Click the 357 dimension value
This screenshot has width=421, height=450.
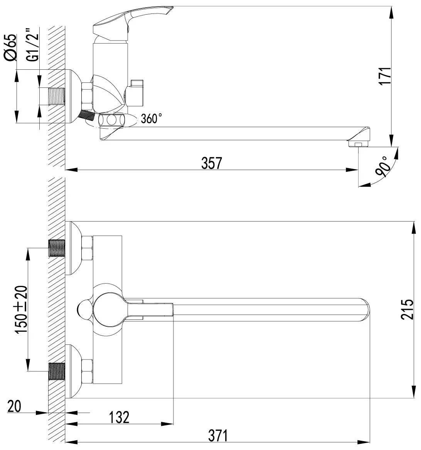tap(212, 163)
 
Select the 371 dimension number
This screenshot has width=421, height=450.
tap(218, 436)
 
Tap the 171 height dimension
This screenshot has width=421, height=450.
tap(385, 76)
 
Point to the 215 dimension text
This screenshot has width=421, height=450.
tap(407, 309)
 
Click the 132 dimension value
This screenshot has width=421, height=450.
tap(119, 417)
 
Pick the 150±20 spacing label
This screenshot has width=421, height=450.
tap(22, 310)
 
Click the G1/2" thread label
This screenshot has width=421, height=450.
tap(32, 45)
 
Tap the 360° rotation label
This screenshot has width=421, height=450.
tap(152, 118)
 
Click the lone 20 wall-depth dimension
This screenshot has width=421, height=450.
tap(14, 406)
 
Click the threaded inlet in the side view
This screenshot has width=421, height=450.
tap(57, 96)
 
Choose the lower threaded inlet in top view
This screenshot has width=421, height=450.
tap(57, 372)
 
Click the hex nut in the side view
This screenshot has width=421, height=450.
tap(87, 96)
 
